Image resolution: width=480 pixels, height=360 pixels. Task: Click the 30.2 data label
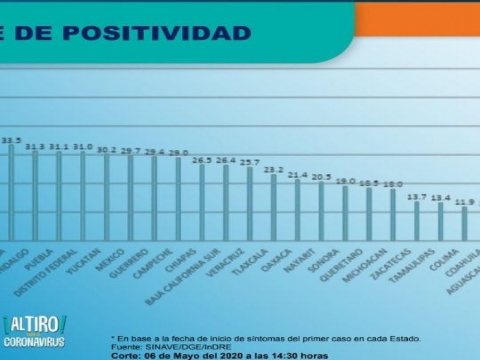coord(106,150)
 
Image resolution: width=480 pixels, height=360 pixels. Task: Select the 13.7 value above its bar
coord(416,196)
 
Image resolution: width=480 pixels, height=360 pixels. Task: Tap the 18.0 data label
coord(393,184)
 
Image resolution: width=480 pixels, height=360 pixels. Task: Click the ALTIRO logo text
coord(34,325)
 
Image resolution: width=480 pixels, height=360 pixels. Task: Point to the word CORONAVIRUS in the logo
coord(34,343)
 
